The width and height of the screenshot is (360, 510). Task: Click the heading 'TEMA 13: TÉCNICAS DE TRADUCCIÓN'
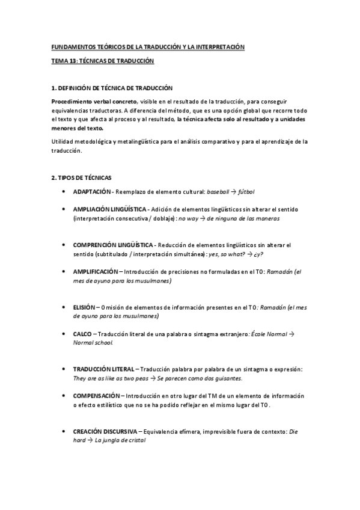(102, 61)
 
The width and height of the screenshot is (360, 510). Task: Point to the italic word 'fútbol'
(246, 192)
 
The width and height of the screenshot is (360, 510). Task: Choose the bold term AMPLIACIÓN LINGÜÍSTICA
(109, 209)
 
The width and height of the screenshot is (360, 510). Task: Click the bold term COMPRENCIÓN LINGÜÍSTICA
(113, 245)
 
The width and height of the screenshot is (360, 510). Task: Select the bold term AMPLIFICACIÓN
(96, 271)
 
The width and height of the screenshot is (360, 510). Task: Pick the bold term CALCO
(82, 333)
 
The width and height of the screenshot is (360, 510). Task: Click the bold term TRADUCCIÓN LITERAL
(105, 369)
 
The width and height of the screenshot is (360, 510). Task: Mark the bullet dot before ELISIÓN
(64, 307)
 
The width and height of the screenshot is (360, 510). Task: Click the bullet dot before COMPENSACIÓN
(64, 396)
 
